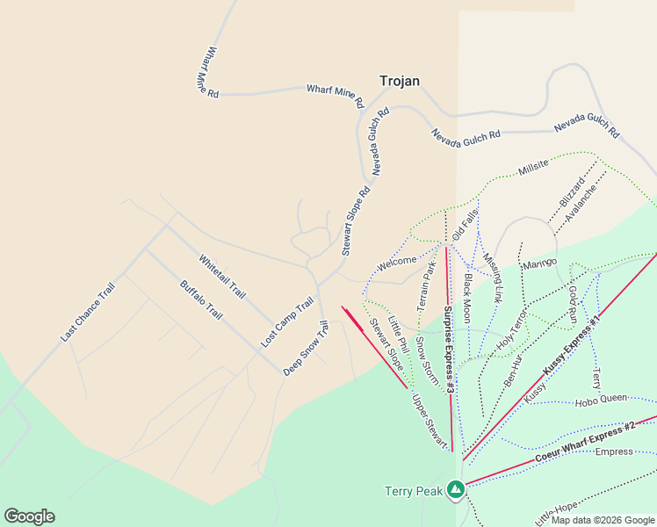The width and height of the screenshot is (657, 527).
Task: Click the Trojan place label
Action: pyautogui.click(x=399, y=81)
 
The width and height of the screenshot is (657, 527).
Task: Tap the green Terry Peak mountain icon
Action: pyautogui.click(x=455, y=489)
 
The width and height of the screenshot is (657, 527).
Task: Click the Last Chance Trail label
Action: pyautogui.click(x=88, y=312)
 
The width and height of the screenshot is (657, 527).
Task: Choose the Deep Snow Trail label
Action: pyautogui.click(x=306, y=349)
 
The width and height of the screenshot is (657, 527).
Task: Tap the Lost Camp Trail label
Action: pyautogui.click(x=287, y=321)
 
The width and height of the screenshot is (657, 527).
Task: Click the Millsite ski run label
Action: pyautogui.click(x=533, y=168)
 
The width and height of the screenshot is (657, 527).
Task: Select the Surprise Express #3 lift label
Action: pyautogui.click(x=448, y=350)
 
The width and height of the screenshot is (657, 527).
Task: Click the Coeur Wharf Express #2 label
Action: pyautogui.click(x=585, y=442)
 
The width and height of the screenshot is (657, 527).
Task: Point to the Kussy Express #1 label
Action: pyautogui.click(x=570, y=345)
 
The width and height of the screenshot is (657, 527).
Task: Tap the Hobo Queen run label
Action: pyautogui.click(x=601, y=400)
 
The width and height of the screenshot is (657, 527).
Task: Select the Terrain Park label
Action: pyautogui.click(x=426, y=284)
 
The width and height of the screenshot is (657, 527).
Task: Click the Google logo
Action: pyautogui.click(x=29, y=516)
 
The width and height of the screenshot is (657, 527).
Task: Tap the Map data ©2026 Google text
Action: pyautogui.click(x=603, y=520)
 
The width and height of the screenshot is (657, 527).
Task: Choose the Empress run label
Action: pyautogui.click(x=613, y=451)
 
